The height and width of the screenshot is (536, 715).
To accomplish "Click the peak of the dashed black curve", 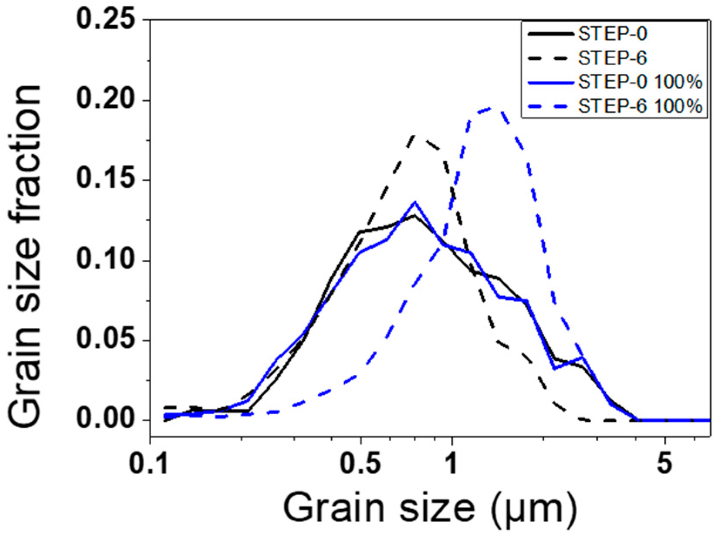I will point(414,136).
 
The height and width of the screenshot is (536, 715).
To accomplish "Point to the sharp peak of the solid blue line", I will point(415,202).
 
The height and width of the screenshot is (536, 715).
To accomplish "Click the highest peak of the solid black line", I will point(415,215).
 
